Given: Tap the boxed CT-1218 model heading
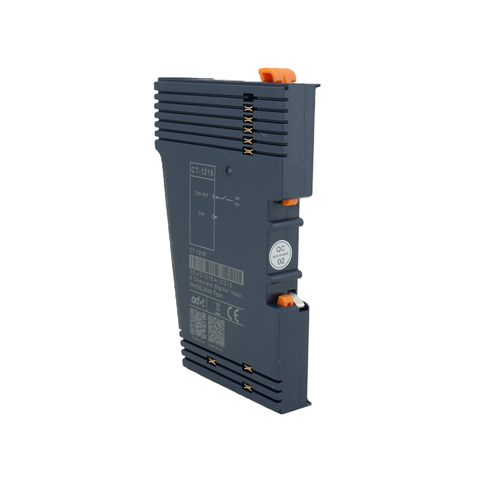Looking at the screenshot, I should point(202,172).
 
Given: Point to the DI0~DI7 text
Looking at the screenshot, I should point(202,194).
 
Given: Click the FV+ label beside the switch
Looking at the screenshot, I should point(237,204).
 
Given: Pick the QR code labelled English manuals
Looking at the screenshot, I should point(216,331).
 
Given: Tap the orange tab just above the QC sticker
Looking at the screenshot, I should point(290,202).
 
